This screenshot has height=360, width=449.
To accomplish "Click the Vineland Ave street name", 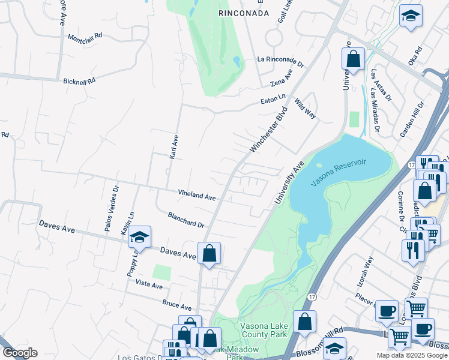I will click(196, 196).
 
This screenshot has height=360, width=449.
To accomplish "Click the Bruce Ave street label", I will click(176, 305).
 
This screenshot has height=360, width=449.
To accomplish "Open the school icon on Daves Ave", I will click(139, 238).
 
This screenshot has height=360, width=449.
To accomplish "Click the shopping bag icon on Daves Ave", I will click(209, 253).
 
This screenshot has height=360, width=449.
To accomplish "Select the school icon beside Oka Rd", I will click(411, 16).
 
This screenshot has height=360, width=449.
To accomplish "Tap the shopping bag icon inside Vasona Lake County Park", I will click(305, 322).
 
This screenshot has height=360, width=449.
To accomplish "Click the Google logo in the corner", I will click(19, 353).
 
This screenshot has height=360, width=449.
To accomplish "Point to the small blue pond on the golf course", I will click(237, 62).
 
